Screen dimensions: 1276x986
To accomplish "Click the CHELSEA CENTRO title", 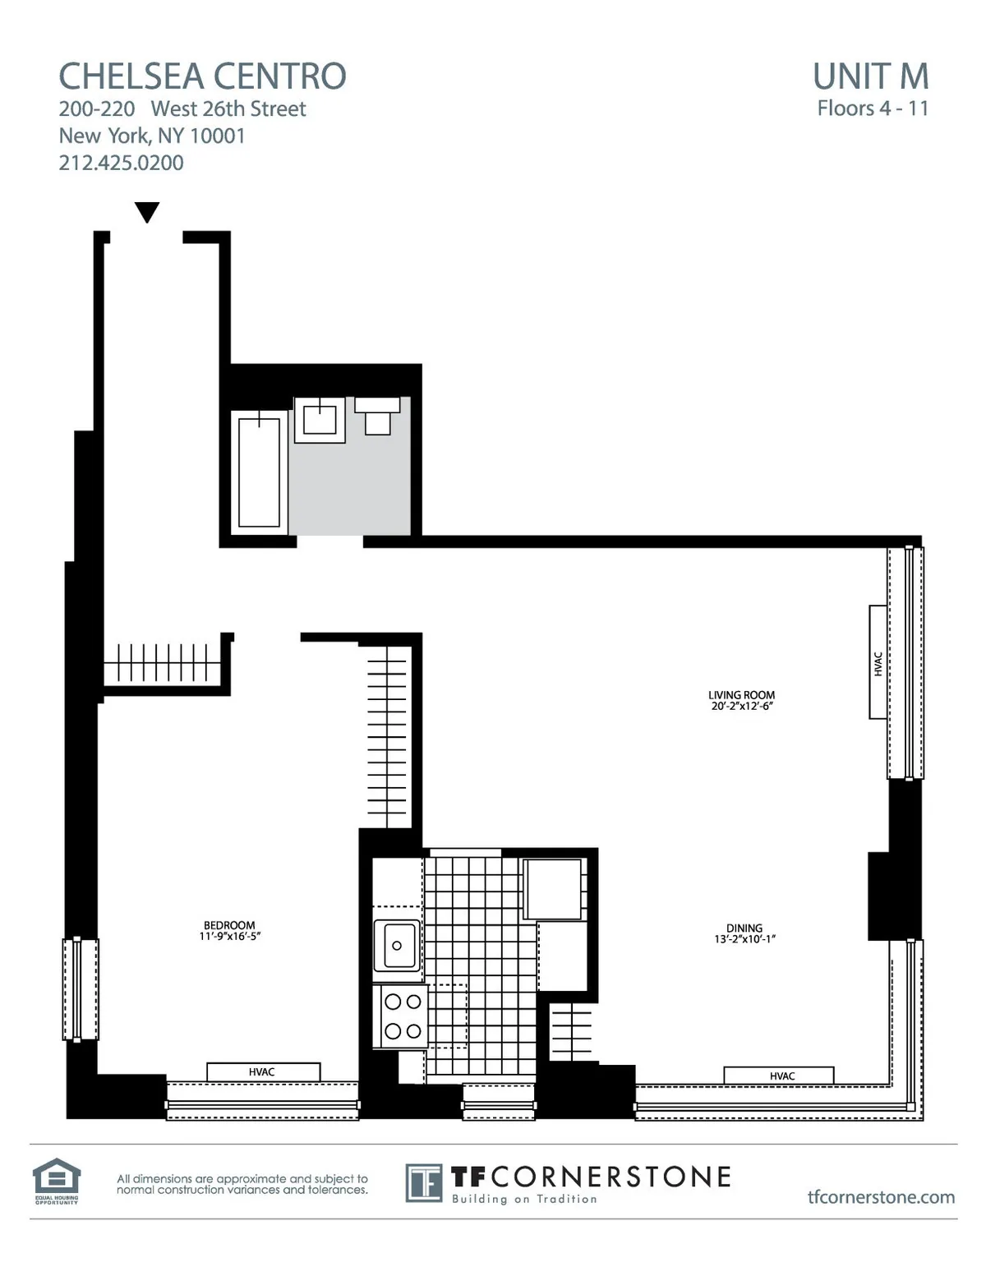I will (202, 76).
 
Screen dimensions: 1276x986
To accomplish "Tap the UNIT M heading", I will (870, 76).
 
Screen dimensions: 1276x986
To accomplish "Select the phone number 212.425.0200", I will (121, 163).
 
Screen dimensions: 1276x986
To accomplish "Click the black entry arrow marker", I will (146, 213).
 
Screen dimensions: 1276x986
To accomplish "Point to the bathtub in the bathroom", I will (259, 472).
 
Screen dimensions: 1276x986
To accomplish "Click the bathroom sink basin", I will (320, 420).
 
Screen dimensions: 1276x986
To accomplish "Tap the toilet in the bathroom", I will (377, 416).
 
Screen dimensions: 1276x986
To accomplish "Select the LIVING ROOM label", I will (741, 695).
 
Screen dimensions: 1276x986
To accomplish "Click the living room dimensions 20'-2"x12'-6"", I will (742, 706).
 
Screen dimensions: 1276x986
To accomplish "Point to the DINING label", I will (744, 928).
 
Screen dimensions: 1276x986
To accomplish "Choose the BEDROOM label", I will (229, 925).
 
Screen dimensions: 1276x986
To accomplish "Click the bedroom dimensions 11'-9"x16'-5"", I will (229, 936).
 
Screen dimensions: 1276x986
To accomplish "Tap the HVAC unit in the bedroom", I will (262, 1071).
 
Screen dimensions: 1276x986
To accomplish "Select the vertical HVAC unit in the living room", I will (878, 662).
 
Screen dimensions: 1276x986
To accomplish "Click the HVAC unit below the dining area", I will (779, 1076).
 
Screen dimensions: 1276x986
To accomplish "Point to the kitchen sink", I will (397, 946).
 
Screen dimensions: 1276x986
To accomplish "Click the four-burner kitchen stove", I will (403, 1016).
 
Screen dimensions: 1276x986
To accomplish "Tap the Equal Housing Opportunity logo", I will (56, 1181).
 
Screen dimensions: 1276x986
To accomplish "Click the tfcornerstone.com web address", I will (881, 1197).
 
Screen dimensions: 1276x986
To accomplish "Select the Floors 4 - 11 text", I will (873, 108).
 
